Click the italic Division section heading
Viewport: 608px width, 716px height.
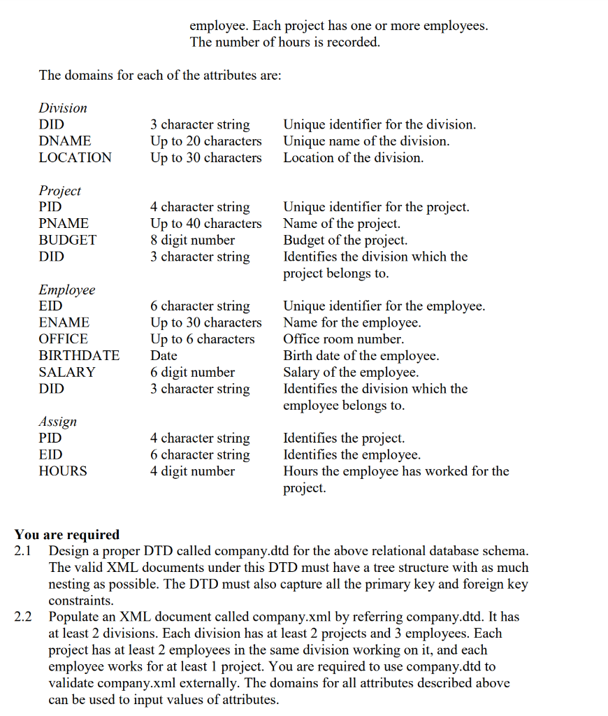tap(63, 108)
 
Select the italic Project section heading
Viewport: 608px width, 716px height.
tap(59, 190)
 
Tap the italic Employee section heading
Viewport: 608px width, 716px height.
tap(66, 289)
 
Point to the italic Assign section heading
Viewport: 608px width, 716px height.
tap(57, 422)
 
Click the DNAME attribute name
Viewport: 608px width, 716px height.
tap(64, 141)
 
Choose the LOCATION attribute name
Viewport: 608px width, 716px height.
tap(75, 158)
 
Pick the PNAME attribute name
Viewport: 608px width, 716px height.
tap(64, 224)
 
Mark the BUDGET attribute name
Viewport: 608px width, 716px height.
tap(67, 240)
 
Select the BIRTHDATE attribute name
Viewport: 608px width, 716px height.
tap(79, 355)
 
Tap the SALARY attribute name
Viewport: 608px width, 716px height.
tap(66, 372)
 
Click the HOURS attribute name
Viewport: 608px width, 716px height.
tap(63, 471)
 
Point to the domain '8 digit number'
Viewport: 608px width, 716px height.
tap(192, 240)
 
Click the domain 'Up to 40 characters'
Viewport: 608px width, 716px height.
tap(205, 224)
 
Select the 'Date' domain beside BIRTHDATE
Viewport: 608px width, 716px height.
tap(164, 355)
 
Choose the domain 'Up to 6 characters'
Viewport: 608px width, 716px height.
tap(202, 339)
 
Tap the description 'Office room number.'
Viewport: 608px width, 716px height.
tap(343, 339)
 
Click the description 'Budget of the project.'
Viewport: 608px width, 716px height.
tap(345, 240)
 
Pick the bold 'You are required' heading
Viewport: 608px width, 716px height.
tap(67, 535)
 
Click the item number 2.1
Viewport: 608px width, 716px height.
tap(24, 550)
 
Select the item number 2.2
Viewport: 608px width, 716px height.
tap(24, 617)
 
